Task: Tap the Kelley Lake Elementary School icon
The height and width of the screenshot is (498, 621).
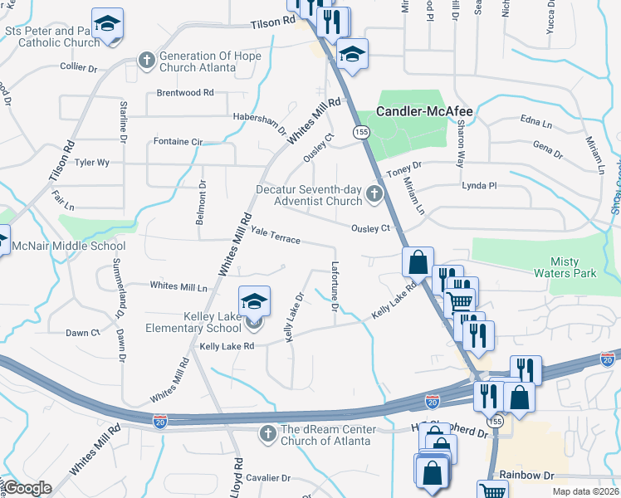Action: click(255, 301)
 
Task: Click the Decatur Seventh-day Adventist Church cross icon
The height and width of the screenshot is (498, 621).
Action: click(374, 196)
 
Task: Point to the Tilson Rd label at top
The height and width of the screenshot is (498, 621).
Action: click(273, 26)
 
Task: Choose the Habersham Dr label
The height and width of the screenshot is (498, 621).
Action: click(259, 122)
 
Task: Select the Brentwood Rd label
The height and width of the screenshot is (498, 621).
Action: click(185, 92)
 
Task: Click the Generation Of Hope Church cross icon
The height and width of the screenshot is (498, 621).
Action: click(147, 60)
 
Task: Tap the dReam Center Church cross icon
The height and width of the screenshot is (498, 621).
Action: click(267, 433)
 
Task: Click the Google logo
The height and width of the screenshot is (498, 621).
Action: click(27, 488)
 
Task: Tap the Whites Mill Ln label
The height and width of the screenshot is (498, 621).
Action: click(178, 286)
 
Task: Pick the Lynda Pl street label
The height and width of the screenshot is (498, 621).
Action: click(478, 186)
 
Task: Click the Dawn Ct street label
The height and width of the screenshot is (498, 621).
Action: click(83, 333)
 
